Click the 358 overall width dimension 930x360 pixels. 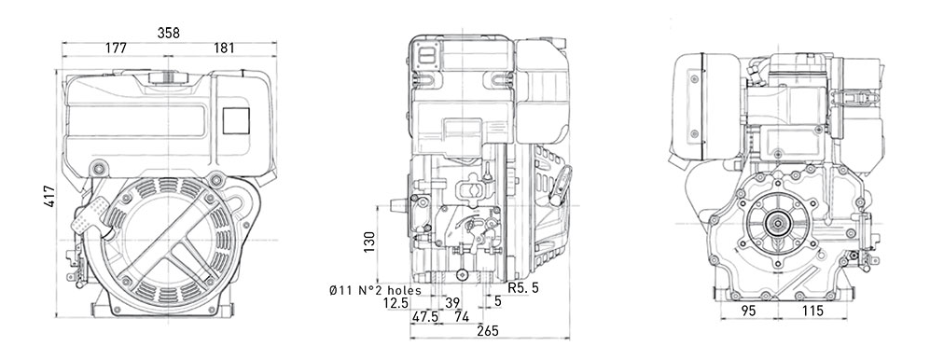[x=169, y=34]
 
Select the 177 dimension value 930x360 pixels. [x=117, y=48]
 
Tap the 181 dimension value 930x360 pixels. [x=224, y=48]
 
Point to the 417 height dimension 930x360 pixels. [x=49, y=196]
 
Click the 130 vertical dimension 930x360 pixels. [x=368, y=242]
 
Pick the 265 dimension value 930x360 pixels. [x=489, y=331]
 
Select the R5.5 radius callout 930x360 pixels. [x=523, y=288]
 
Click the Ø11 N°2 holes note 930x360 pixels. [x=375, y=291]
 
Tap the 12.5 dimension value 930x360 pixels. [x=396, y=303]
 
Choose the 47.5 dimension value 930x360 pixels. [x=425, y=317]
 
